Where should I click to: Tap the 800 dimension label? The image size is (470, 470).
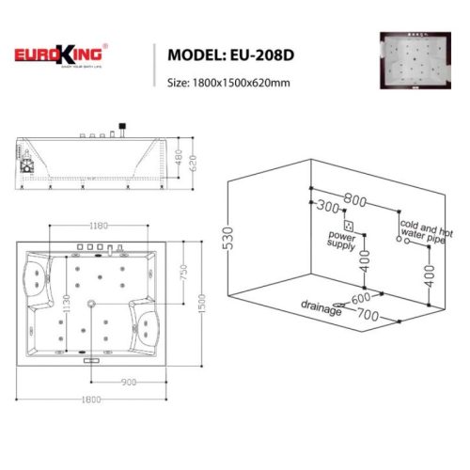[x=356, y=199]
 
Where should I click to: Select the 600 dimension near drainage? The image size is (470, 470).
[x=359, y=300]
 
